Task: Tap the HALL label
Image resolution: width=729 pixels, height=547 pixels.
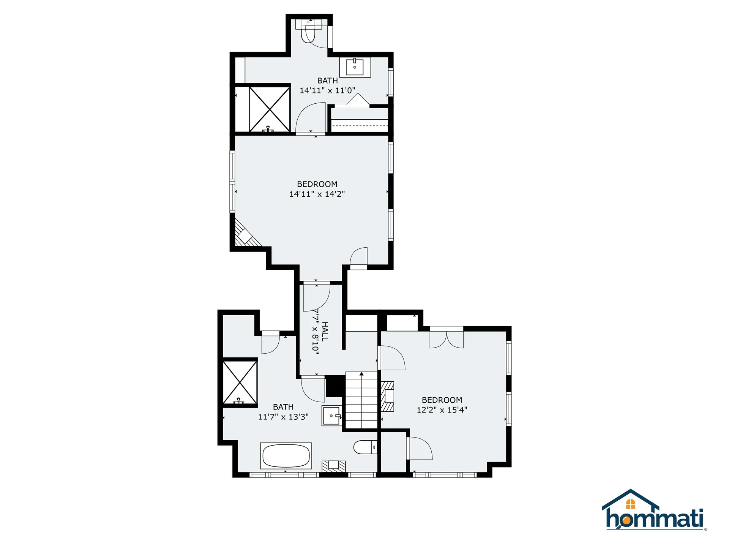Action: point(325,331)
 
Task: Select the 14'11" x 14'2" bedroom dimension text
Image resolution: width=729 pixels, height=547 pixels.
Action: point(317,194)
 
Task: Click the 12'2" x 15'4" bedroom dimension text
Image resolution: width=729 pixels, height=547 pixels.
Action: point(442,410)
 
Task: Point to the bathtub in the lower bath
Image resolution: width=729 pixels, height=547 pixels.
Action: point(286,456)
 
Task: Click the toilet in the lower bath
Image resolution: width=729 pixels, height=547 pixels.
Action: point(365,447)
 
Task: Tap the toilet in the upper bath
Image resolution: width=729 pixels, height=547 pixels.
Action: point(308,34)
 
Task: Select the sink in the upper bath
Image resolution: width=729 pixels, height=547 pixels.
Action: point(355,67)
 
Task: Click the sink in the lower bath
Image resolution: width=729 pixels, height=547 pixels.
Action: point(331,416)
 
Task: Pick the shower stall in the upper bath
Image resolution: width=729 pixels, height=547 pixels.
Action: point(269,109)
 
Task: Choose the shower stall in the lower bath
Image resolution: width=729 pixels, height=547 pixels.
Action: point(240,382)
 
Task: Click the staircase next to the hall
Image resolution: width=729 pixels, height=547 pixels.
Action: point(362,401)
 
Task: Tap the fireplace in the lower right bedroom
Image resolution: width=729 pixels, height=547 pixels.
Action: point(388,397)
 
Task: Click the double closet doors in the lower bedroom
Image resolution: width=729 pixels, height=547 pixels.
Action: point(447,339)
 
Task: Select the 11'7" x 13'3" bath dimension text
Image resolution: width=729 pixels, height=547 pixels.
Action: point(283,417)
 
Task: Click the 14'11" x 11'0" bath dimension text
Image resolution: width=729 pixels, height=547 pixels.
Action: point(327,90)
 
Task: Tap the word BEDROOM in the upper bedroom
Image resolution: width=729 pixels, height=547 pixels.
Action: point(317,184)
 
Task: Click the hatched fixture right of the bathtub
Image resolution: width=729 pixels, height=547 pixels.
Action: point(334,466)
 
